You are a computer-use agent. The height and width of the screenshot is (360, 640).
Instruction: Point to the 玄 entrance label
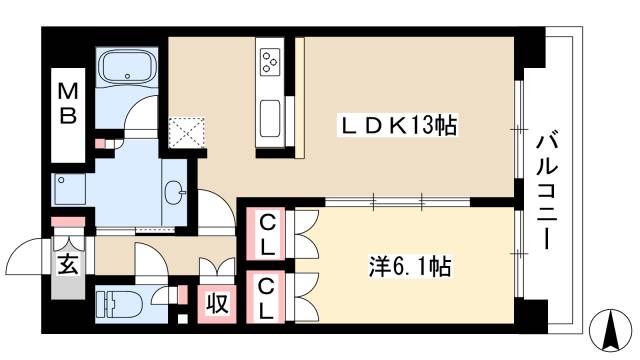pyautogui.click(x=66, y=265)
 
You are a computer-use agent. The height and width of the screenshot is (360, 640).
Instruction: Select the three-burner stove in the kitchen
pyautogui.click(x=270, y=63)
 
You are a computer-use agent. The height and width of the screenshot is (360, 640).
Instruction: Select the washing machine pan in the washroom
pyautogui.click(x=73, y=191)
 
